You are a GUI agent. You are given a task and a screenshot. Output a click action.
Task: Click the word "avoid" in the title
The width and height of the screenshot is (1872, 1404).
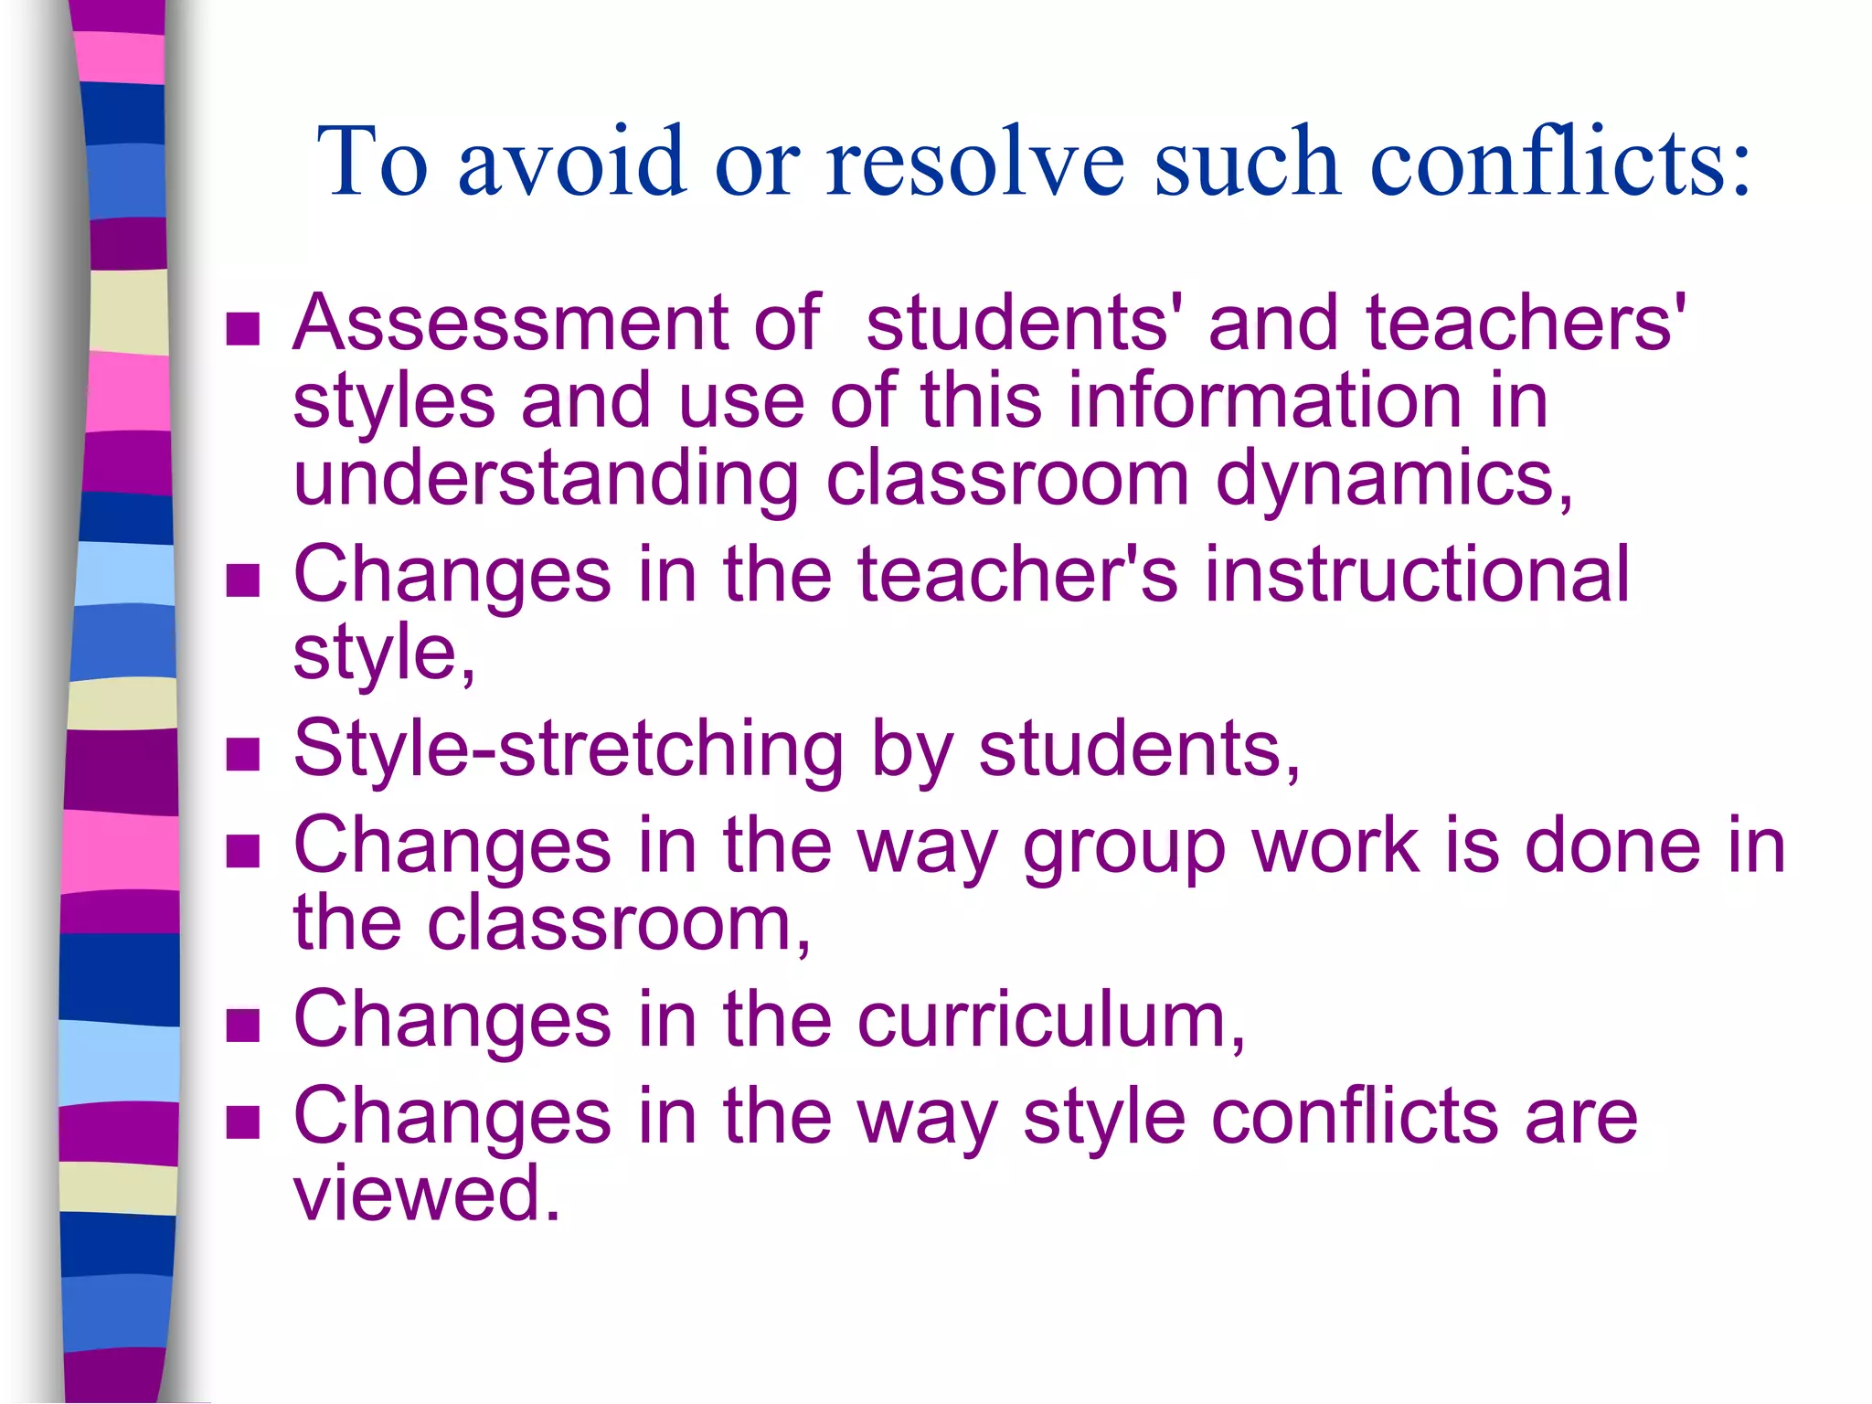tap(572, 161)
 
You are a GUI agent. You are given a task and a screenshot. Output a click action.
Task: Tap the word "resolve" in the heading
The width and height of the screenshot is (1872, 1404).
tap(974, 161)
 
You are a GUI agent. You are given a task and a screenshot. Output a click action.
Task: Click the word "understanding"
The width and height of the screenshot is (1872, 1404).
tap(546, 480)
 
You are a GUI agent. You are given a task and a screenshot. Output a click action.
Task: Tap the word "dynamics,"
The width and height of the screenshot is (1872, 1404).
tap(1393, 480)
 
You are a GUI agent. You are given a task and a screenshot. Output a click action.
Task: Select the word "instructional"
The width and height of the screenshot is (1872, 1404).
tap(1416, 575)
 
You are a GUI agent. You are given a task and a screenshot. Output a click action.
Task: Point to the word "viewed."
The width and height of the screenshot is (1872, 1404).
tap(427, 1194)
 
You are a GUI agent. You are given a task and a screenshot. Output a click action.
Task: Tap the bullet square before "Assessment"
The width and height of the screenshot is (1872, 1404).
tap(243, 329)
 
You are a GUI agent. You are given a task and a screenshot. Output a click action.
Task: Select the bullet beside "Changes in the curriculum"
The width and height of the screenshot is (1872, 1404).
tap(243, 1026)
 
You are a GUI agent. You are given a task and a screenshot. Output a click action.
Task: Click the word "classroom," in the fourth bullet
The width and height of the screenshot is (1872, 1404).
tap(619, 924)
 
